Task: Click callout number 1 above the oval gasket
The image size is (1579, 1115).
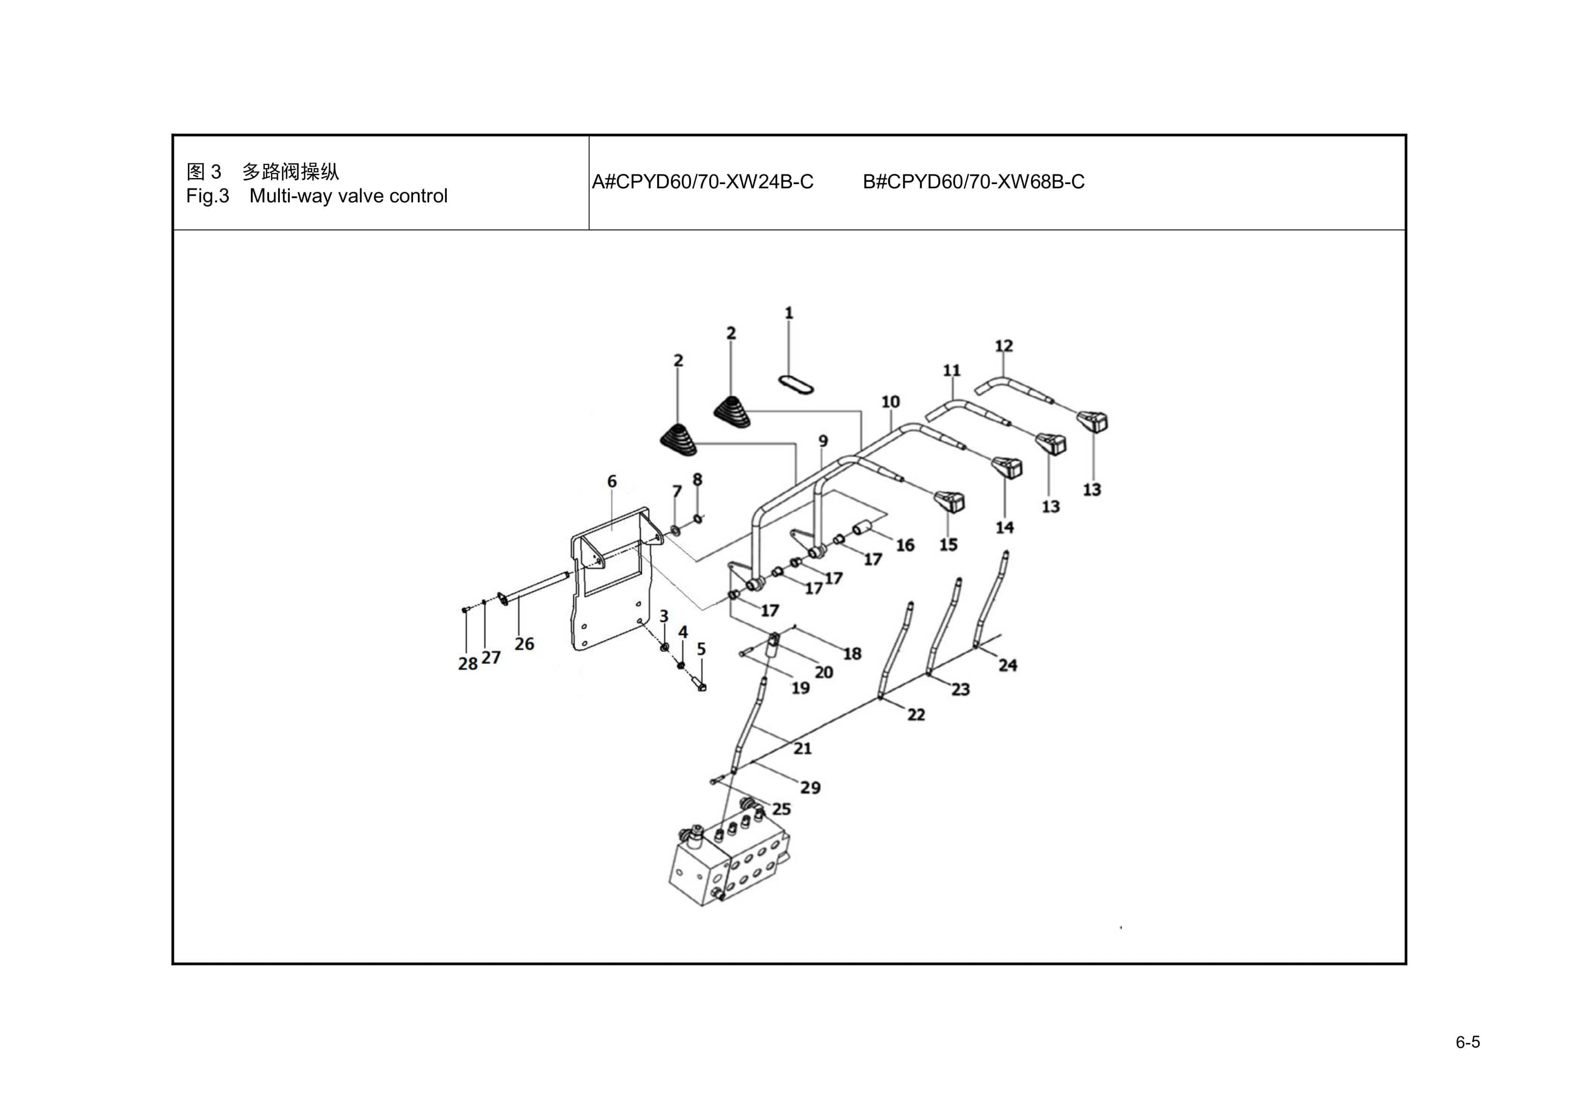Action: [789, 313]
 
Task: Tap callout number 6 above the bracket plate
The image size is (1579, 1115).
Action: [611, 481]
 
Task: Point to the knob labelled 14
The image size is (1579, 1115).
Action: [1008, 468]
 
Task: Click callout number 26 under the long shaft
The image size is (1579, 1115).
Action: [524, 644]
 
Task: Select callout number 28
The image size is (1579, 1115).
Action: [467, 663]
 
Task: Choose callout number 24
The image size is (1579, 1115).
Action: [1008, 665]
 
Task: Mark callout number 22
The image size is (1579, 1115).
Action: [916, 715]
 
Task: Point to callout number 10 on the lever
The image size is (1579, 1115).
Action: [891, 401]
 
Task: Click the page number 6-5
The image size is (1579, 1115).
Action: [1467, 1042]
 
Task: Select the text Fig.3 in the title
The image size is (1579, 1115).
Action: [207, 197]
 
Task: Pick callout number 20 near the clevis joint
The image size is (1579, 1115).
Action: [823, 672]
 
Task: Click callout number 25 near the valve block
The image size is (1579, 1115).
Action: [781, 809]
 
